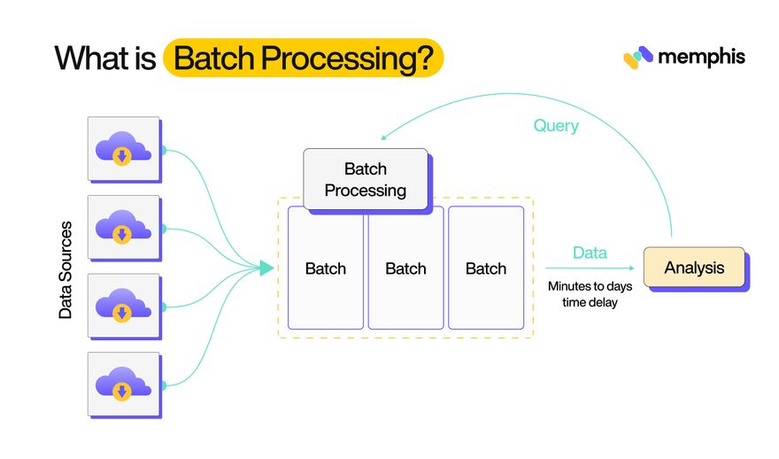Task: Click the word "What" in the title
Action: [x=85, y=58]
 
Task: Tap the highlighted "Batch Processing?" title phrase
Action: [x=304, y=58]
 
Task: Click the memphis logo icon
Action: [x=637, y=58]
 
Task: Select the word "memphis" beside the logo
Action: [x=701, y=57]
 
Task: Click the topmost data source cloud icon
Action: [x=123, y=148]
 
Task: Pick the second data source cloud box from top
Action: [x=123, y=227]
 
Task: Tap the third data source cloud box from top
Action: [x=123, y=305]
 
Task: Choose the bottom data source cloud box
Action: [x=123, y=384]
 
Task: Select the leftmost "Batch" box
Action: [x=325, y=268]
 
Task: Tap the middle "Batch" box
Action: [x=405, y=268]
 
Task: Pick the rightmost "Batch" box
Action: [x=485, y=268]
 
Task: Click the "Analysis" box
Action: [x=693, y=267]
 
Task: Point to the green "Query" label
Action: [x=556, y=126]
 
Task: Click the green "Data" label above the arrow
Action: [x=590, y=253]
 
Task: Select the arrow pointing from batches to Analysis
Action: [x=590, y=268]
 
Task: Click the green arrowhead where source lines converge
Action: [x=266, y=267]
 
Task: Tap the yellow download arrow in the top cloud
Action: [x=122, y=157]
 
